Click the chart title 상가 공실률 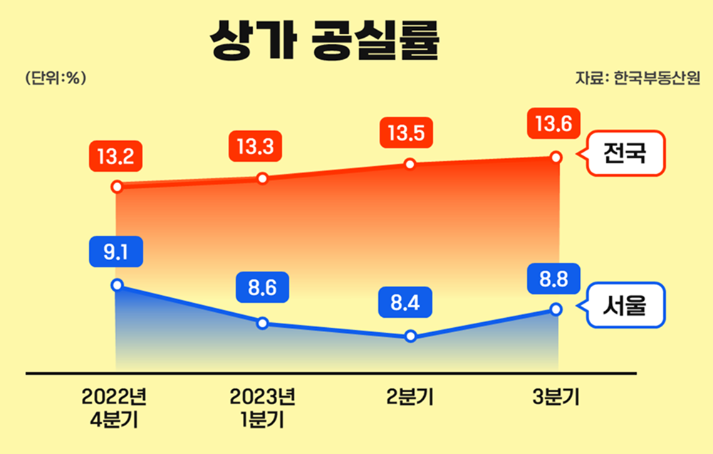point(325,41)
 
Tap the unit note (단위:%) point(55,79)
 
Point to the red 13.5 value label point(408,133)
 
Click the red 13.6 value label point(553,125)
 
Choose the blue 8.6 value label point(262,289)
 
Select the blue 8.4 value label point(408,304)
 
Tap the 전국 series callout point(623,153)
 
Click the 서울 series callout point(623,306)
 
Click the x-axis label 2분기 point(409,398)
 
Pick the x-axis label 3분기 point(555,398)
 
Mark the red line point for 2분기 point(410,164)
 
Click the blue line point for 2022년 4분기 point(118,285)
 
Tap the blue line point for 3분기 point(556,309)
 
